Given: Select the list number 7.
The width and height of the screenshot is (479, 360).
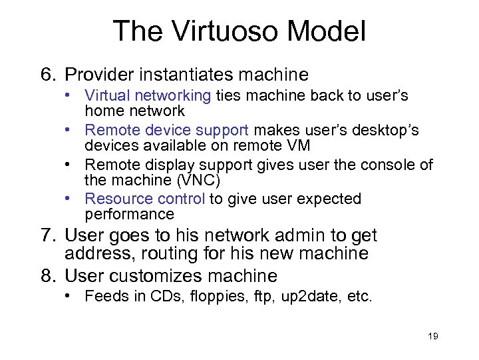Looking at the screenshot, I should click(47, 235).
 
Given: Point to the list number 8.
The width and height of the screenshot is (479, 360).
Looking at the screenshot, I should click(47, 275).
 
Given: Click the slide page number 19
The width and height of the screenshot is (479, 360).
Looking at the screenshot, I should click(432, 336).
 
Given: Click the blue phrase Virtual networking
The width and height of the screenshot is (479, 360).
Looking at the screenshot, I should click(148, 96).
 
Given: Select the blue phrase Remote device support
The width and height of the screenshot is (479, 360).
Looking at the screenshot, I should click(166, 130).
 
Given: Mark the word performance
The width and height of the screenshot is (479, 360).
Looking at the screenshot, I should click(129, 215).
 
